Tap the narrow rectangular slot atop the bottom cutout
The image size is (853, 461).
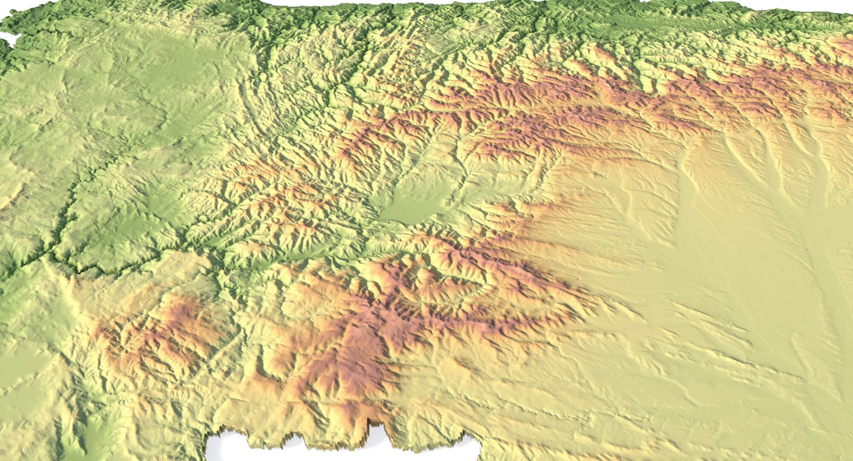point(378,427)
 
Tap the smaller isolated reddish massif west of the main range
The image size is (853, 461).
point(158,329)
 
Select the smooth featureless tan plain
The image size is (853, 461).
point(725,277)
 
